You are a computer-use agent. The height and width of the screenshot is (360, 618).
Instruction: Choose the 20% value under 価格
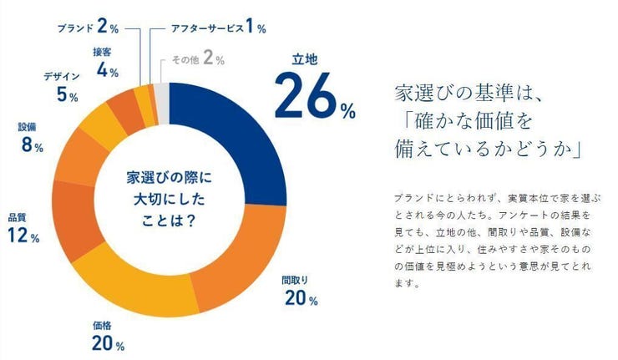[x=109, y=343]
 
